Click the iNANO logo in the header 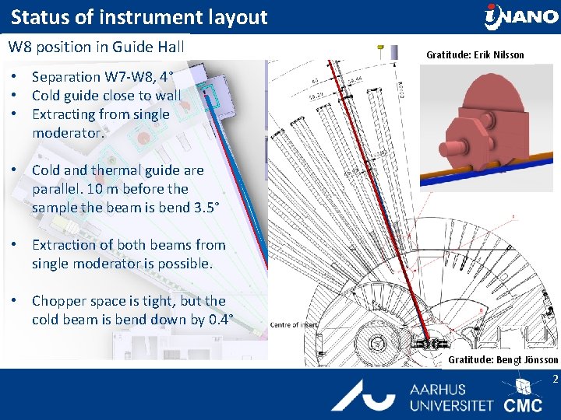coord(520,16)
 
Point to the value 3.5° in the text coord(208,208)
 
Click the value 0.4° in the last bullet coord(216,320)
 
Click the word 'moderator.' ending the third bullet coord(68,133)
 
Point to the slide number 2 coord(556,380)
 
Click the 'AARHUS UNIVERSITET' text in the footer coord(451,397)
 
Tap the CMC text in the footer coord(523,405)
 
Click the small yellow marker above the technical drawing coord(380,48)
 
